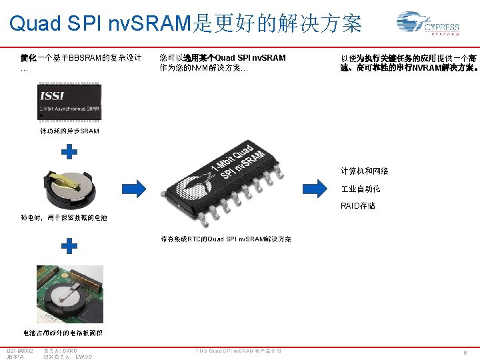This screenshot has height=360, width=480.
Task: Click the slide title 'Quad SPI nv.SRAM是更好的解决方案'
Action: pyautogui.click(x=185, y=24)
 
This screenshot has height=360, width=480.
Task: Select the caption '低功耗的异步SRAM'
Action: pyautogui.click(x=69, y=131)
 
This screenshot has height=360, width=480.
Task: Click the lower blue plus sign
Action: pyautogui.click(x=69, y=247)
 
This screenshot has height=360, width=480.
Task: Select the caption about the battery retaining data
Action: pyautogui.click(x=64, y=217)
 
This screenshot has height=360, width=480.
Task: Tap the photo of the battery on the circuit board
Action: pyautogui.click(x=69, y=294)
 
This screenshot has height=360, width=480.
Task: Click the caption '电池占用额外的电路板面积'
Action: pyautogui.click(x=62, y=332)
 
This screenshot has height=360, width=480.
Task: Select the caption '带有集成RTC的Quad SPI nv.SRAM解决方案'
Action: pyautogui.click(x=225, y=239)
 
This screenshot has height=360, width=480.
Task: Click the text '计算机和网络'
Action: pyautogui.click(x=364, y=171)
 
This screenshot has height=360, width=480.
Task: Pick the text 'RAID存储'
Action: pyautogui.click(x=357, y=206)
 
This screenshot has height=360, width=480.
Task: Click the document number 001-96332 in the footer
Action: pyautogui.click(x=21, y=350)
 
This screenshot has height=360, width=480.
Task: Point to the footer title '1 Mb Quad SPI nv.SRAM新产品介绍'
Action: pyautogui.click(x=238, y=351)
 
